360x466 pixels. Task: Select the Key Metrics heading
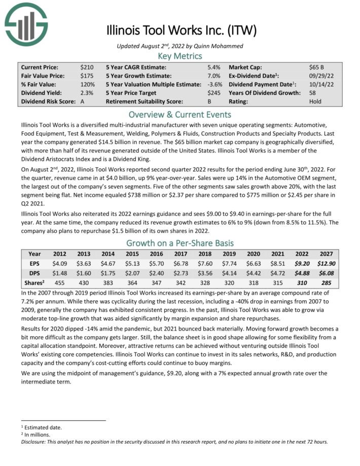[x=179, y=56]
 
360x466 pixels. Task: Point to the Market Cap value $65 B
[x=317, y=67]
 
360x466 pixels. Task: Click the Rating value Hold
[x=315, y=101]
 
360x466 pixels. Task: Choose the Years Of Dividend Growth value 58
[x=312, y=93]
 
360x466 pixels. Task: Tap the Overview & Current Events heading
[x=179, y=114]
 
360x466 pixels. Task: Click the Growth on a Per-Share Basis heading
[x=179, y=242]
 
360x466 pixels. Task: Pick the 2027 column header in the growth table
[x=327, y=254]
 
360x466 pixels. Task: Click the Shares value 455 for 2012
[x=59, y=283]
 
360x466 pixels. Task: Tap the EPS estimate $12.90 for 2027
[x=327, y=264]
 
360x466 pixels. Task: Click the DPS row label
[x=34, y=274]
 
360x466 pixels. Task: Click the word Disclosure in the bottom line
[x=35, y=441]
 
